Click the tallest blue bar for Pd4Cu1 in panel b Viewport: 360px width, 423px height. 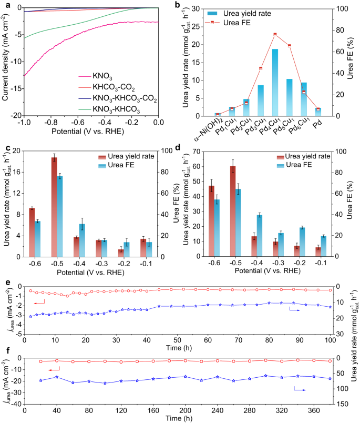click(x=275, y=82)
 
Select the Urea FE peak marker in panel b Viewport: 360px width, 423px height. click(x=275, y=34)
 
